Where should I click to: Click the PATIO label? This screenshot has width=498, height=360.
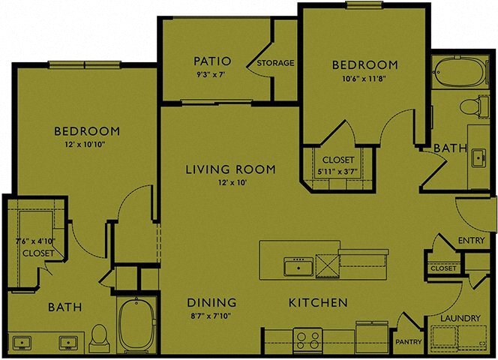point(211,61)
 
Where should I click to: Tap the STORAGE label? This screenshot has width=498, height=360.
point(275,63)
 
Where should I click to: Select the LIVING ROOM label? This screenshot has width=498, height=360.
point(230,169)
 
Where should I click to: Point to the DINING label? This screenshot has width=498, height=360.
point(211,302)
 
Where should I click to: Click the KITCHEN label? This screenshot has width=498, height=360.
point(319,302)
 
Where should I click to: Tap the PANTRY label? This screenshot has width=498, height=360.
point(409,342)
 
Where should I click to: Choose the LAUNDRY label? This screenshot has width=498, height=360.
point(460,318)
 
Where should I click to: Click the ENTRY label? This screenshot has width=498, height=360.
point(471,240)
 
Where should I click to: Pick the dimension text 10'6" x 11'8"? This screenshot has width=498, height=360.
point(364,78)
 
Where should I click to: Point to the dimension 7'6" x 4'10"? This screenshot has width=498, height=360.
point(35,241)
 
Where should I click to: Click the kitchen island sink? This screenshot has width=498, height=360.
point(298,266)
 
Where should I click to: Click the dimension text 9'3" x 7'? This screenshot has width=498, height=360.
point(211,76)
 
